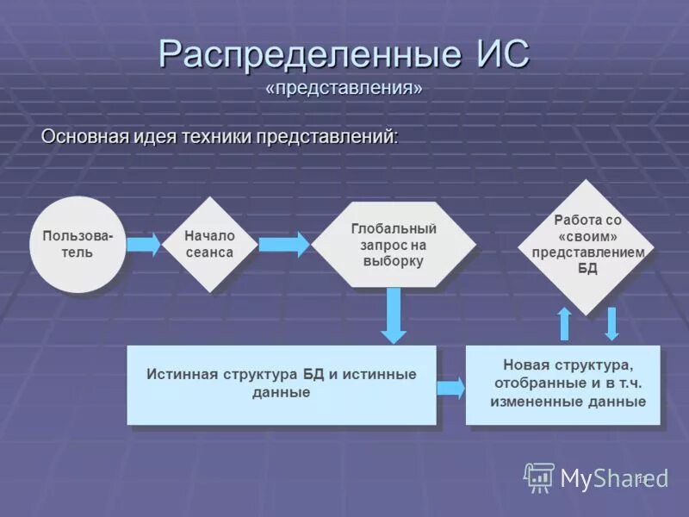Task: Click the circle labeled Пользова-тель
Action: (78, 245)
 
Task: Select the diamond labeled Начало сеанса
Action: (209, 245)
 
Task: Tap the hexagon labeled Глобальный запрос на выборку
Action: (394, 245)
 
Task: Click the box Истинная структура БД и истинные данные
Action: (282, 384)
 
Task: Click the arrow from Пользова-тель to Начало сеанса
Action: (144, 245)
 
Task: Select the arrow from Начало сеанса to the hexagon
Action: (283, 245)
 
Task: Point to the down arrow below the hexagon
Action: (394, 315)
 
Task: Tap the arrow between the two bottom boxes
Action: (450, 388)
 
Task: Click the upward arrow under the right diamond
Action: (564, 323)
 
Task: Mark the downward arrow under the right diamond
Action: (612, 323)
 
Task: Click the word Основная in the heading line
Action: (85, 136)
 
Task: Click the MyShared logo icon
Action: (540, 477)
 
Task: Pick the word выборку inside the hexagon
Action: (394, 262)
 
